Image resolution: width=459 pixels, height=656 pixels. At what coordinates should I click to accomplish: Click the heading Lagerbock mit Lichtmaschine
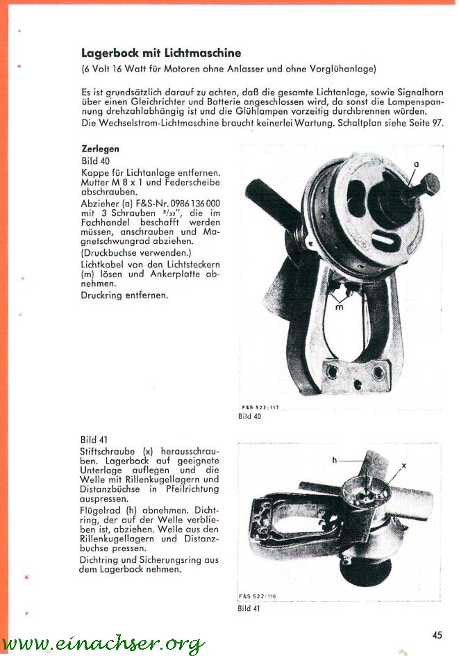point(160,53)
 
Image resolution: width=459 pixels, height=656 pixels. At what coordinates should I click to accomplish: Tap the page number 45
point(437,634)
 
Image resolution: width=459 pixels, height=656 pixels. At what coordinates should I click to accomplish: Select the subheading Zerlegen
point(100,149)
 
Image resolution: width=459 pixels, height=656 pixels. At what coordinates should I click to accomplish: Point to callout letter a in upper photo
point(415,164)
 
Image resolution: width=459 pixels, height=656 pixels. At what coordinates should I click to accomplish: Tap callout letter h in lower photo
point(334,460)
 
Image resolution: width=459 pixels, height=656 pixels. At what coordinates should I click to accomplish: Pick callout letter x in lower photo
point(403,466)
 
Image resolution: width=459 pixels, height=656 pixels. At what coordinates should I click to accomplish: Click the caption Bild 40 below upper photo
point(249,416)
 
